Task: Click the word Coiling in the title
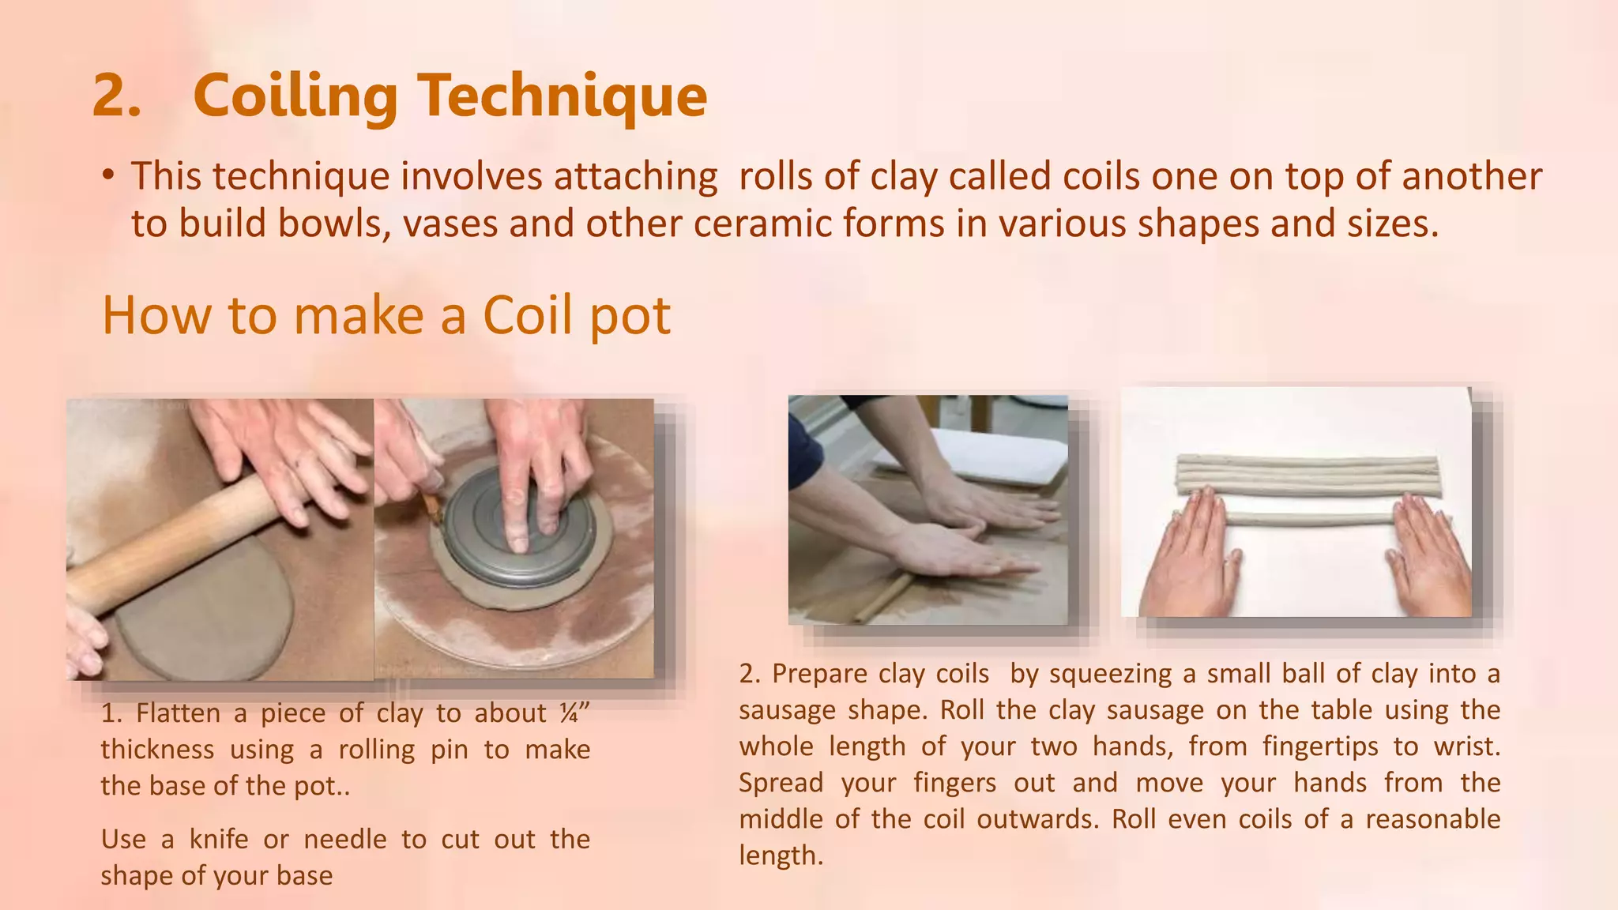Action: point(295,96)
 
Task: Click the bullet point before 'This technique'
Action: point(108,176)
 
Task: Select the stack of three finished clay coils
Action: point(1308,474)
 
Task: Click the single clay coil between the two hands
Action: point(1308,519)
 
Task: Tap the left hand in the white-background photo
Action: point(1193,557)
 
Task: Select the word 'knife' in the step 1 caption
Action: point(218,839)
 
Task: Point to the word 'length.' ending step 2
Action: point(781,855)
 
